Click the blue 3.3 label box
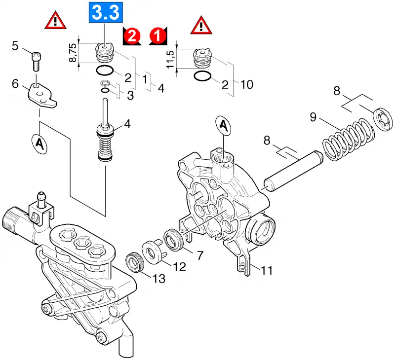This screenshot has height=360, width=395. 106,12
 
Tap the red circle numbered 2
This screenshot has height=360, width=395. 132,36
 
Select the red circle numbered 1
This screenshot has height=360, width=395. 158,35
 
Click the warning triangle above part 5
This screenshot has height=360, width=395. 55,21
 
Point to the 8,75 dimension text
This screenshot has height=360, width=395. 73,53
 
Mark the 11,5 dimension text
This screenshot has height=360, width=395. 170,59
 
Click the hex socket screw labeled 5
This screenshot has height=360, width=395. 36,62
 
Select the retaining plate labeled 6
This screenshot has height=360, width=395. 42,96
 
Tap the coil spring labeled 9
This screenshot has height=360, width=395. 349,139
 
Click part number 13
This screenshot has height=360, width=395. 159,279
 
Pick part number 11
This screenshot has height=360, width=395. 267,270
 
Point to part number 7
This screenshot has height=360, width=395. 200,255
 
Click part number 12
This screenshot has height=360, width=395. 179,267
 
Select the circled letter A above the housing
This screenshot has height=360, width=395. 224,126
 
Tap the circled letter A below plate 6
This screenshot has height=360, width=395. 39,144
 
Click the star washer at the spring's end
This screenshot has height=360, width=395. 382,119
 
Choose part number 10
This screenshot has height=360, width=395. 247,84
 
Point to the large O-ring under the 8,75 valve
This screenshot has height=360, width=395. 105,70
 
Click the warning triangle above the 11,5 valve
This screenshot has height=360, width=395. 201,26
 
